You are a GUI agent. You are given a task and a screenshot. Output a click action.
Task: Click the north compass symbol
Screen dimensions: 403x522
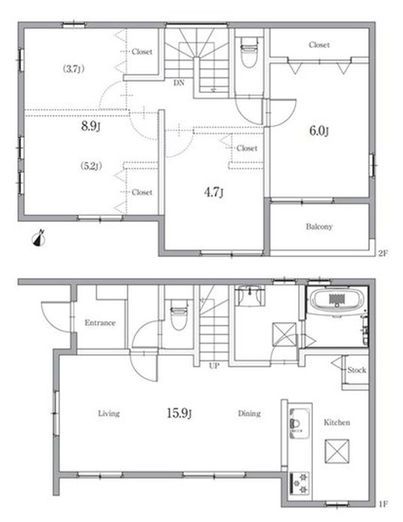39,238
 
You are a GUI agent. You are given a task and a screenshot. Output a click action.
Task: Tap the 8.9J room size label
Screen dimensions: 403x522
91,126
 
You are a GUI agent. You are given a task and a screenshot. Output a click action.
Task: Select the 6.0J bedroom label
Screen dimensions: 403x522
319,130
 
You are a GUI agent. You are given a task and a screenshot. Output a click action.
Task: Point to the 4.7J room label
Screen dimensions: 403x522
213,192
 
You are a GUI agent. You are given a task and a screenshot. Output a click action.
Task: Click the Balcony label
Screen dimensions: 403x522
319,226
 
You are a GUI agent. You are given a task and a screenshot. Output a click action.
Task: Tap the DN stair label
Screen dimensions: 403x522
179,83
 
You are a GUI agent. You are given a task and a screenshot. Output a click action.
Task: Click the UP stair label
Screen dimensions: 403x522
214,366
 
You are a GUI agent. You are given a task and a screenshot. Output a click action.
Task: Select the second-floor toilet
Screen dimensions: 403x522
249,52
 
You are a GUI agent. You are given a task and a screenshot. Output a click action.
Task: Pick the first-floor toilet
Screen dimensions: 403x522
179,314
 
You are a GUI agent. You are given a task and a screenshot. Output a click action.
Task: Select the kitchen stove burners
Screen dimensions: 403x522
300,484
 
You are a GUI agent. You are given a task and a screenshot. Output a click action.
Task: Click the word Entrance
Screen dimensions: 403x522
100,322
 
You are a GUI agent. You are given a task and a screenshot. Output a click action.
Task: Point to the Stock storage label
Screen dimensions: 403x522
356,370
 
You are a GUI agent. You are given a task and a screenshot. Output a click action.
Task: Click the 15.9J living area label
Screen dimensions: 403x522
179,413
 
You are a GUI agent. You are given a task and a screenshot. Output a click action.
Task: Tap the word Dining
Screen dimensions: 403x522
249,413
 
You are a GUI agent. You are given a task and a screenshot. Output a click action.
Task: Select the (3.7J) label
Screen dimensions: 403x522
74,69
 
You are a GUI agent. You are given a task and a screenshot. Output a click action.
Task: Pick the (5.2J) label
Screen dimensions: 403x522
91,166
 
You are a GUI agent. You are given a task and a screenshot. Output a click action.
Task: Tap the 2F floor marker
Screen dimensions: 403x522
383,253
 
